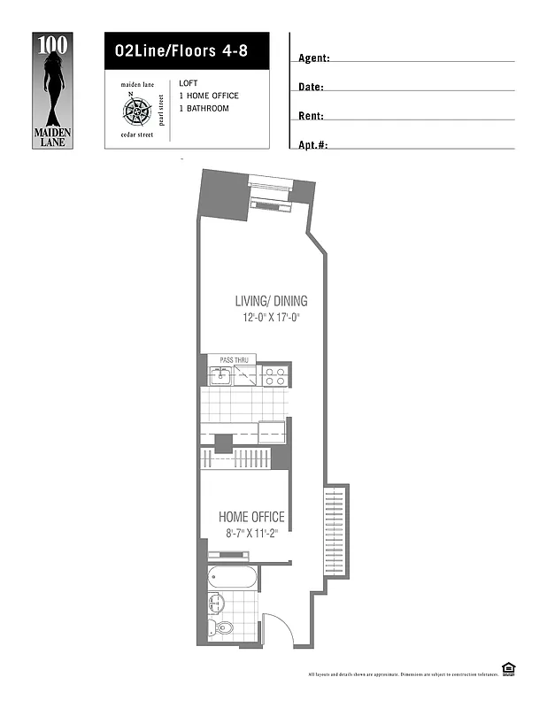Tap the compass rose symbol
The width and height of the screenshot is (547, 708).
tap(136, 111)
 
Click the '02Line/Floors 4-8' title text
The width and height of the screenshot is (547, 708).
tap(181, 50)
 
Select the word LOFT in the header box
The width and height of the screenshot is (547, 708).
tap(189, 83)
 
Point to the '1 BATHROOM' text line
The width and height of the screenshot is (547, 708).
tap(204, 108)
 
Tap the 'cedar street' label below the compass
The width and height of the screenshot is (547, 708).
tap(137, 135)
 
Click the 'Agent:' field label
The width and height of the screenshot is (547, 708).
tap(314, 58)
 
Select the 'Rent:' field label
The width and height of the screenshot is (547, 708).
tap(312, 116)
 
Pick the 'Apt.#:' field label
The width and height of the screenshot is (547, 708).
tap(313, 144)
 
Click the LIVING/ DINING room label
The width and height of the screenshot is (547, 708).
tap(271, 301)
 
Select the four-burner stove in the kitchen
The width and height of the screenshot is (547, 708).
tap(274, 377)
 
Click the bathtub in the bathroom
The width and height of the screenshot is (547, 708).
tap(233, 580)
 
